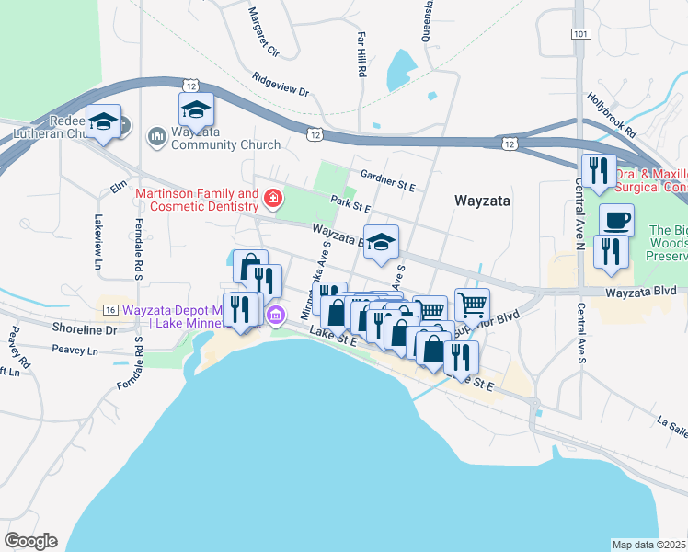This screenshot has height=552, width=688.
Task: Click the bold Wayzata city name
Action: [483, 200]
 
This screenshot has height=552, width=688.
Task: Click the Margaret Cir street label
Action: [264, 30]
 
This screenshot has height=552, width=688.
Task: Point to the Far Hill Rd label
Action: [362, 53]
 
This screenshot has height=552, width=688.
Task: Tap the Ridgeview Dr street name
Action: [281, 86]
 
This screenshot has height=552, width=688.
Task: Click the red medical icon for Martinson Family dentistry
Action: [272, 198]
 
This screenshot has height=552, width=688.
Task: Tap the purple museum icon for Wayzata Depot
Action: [275, 316]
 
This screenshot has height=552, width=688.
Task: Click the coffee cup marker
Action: [616, 221]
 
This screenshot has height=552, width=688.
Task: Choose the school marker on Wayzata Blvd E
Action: [382, 242]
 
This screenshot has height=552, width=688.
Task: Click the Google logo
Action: [30, 540]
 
